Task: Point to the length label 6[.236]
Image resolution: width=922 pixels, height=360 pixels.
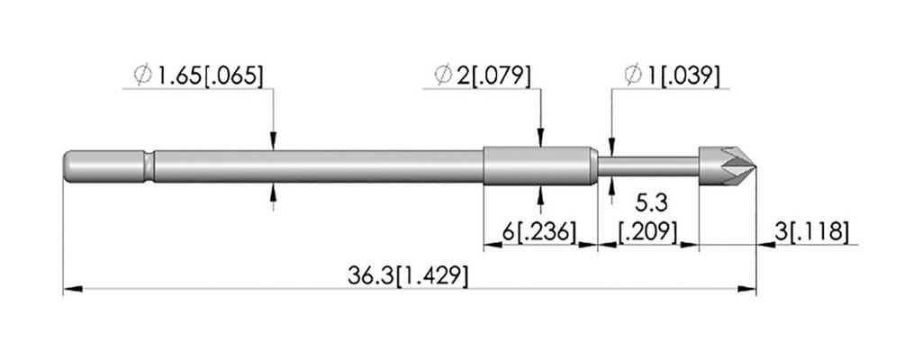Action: coord(538,232)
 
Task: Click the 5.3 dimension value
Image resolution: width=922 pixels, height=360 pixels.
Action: coord(651,203)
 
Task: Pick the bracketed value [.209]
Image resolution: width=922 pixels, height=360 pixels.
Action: coord(647,232)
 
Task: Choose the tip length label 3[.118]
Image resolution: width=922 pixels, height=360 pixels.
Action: coord(811,232)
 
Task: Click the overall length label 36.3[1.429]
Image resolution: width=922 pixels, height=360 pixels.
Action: coord(408,276)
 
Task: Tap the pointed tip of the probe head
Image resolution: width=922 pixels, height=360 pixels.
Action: coord(755,166)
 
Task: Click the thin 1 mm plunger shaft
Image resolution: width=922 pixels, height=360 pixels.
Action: coord(648,166)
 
